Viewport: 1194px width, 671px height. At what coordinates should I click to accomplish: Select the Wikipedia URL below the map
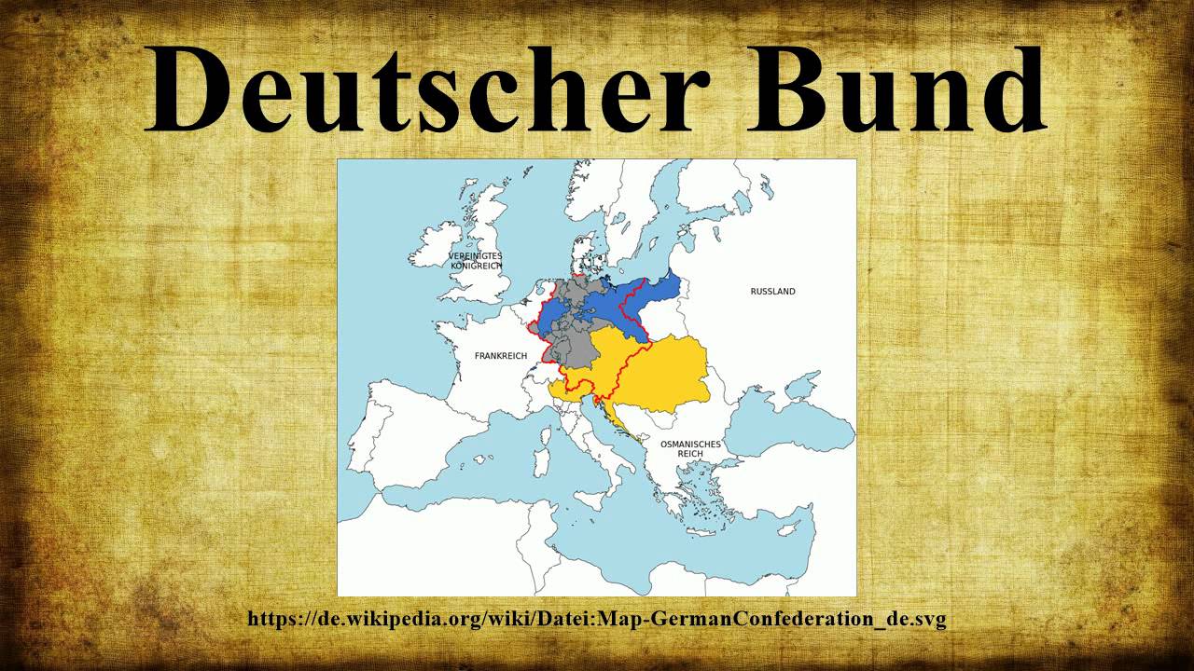pyautogui.click(x=597, y=619)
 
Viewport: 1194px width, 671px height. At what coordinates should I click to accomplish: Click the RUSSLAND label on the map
pyautogui.click(x=772, y=292)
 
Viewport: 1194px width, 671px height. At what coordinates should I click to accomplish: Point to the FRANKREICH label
pyautogui.click(x=501, y=356)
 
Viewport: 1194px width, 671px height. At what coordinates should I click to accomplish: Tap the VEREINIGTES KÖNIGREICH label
pyautogui.click(x=476, y=261)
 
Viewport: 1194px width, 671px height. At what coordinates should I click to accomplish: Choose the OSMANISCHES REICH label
pyautogui.click(x=690, y=448)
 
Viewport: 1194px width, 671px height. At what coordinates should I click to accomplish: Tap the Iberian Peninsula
pyautogui.click(x=410, y=438)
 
